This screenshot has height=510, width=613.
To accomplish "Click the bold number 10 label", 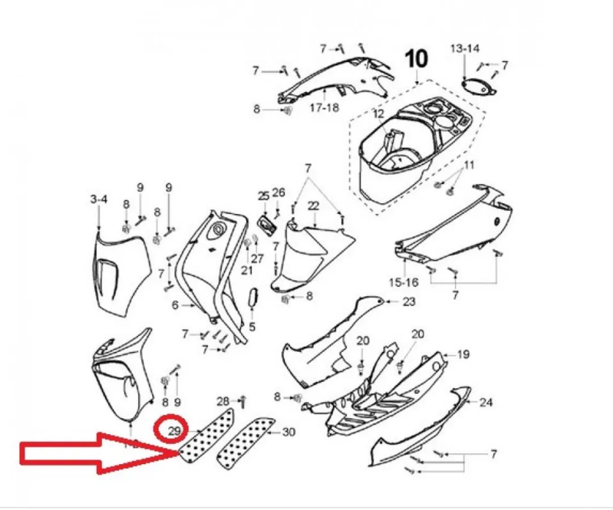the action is (417, 59).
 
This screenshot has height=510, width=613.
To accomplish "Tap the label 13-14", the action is (465, 49).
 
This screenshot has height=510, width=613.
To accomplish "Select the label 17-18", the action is (324, 107).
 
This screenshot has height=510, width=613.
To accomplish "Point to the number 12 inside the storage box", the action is (379, 114).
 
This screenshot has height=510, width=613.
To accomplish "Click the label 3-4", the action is (99, 199).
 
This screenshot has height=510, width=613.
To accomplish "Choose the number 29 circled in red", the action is (174, 432).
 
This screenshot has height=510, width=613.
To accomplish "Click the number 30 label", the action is (288, 432).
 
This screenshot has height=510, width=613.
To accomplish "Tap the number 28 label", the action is (223, 401).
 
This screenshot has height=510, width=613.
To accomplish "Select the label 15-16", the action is (404, 282).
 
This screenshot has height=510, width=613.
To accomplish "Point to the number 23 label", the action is (409, 302).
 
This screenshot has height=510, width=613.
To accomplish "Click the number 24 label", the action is (486, 402).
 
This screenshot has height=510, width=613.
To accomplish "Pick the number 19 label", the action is (463, 355).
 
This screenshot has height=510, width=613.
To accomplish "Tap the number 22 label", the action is (313, 206).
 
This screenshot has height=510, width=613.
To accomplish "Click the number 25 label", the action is (264, 195).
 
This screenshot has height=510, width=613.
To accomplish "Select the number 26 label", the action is (279, 192).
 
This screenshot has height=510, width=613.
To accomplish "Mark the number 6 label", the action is (175, 305).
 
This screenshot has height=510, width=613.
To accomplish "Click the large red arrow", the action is (97, 453).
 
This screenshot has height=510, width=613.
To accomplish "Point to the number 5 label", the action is (252, 326).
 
